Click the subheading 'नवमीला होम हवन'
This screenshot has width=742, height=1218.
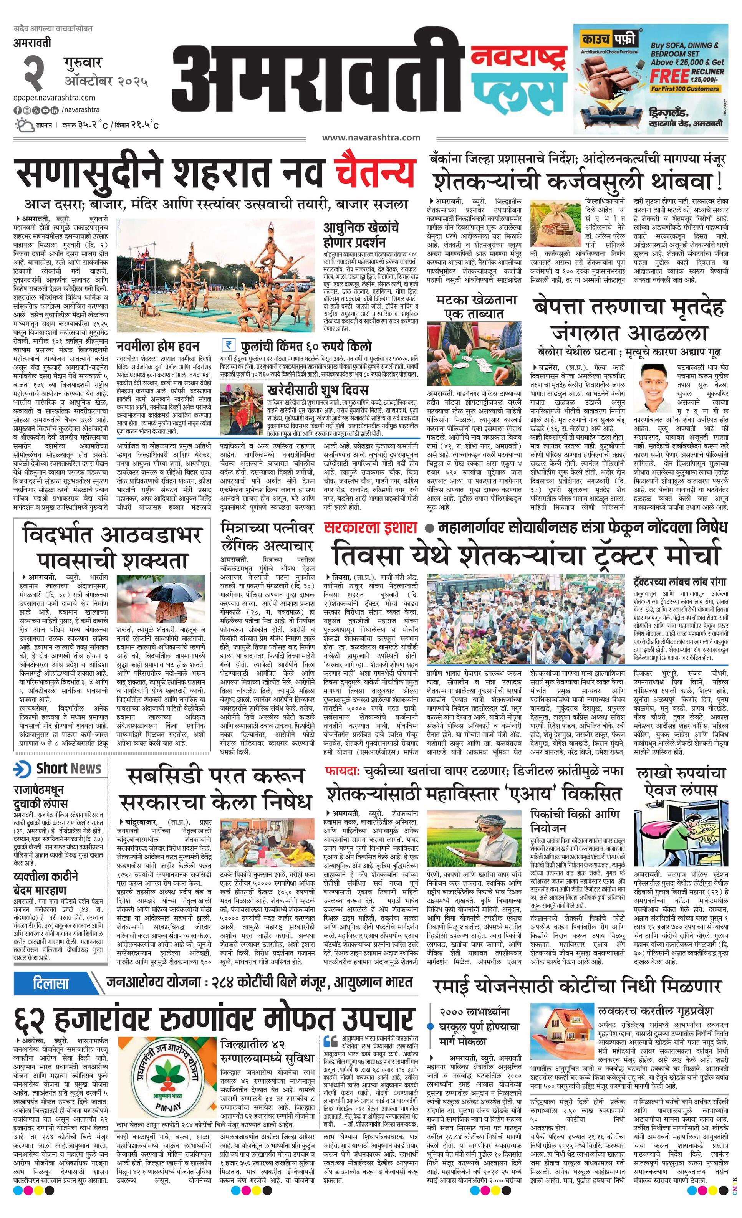[x=158, y=345]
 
